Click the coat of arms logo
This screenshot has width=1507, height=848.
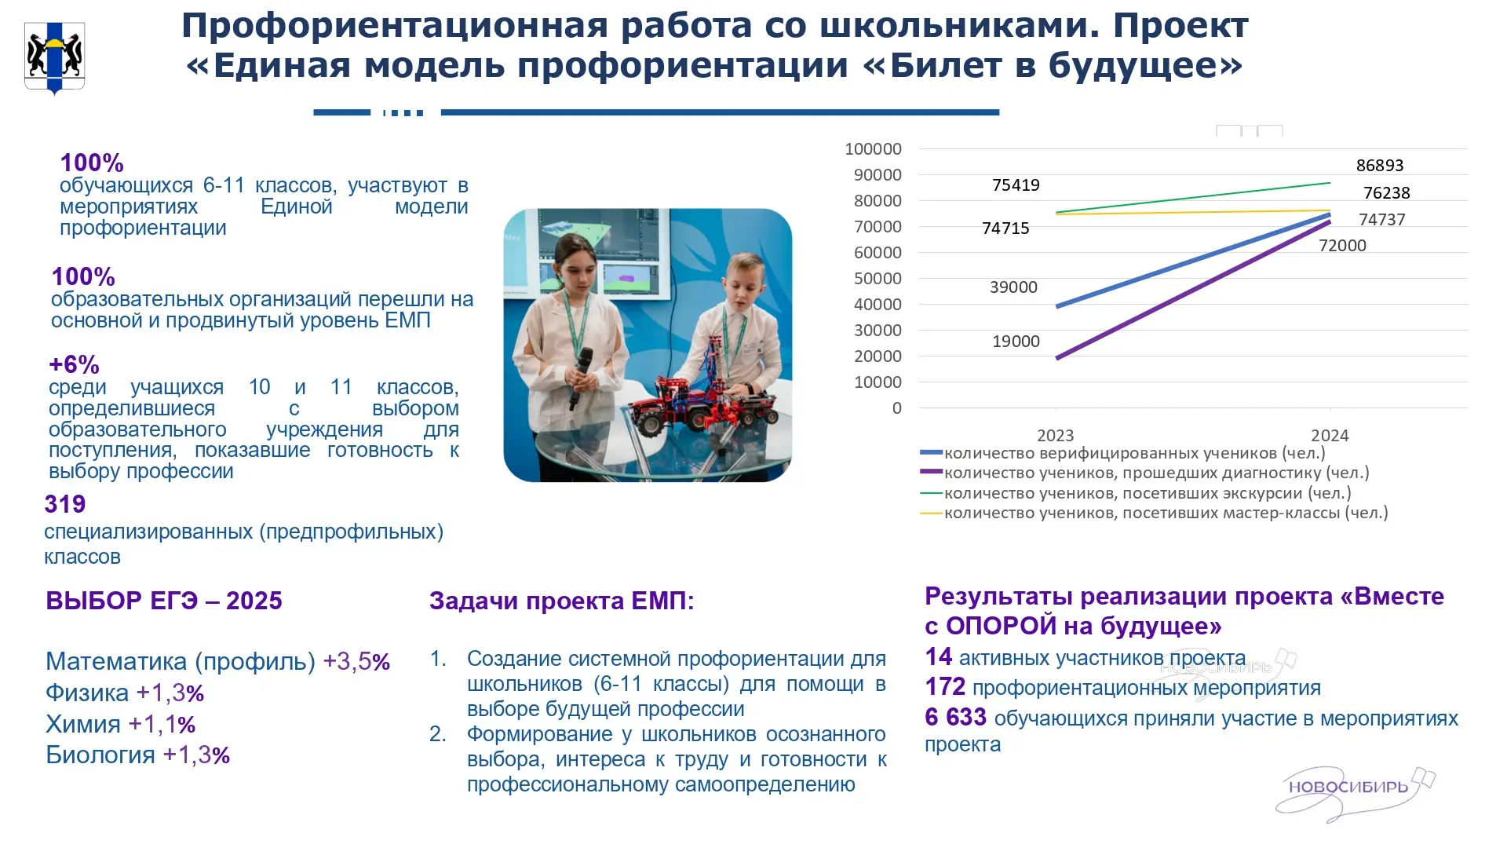coord(55,57)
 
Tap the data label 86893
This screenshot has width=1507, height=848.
coord(1380,166)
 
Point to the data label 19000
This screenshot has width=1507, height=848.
coord(1016,342)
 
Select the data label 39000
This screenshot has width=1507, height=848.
coord(1013,287)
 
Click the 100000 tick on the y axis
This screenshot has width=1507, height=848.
coord(873,149)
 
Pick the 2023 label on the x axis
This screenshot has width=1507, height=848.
coord(1055,435)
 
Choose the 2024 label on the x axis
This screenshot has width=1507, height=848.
coord(1330,435)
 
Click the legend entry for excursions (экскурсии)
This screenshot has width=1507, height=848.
coord(1136,493)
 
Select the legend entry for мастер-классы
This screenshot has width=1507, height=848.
coord(1154,513)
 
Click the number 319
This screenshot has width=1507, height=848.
coord(65,504)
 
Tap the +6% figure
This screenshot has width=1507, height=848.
coord(74,365)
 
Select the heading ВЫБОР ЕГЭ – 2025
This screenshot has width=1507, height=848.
coord(164,601)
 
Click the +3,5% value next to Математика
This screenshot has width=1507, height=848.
coord(356,661)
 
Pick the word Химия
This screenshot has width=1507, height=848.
coord(83,724)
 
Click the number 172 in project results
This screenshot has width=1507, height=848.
coord(945,687)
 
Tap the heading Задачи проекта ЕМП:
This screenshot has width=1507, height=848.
coord(562,601)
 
